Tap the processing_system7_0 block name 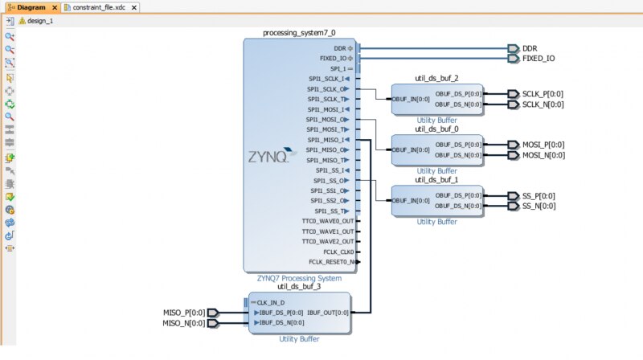tap(299, 33)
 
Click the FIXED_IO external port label tap(538, 59)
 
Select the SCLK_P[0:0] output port tap(543, 94)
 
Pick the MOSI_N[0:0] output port tap(543, 155)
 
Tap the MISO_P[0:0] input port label tap(184, 313)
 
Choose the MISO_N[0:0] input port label tap(184, 323)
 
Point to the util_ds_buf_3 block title tap(299, 286)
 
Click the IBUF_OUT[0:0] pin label tap(328, 313)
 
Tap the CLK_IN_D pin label tap(273, 302)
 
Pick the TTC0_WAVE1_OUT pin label tap(327, 231)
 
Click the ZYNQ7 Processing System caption tap(299, 278)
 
